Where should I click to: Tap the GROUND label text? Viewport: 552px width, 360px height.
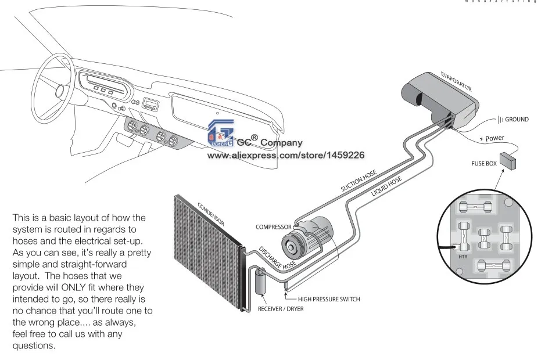point(516,120)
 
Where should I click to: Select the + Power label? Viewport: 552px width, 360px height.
point(492,139)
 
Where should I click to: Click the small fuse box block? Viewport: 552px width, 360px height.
point(510,161)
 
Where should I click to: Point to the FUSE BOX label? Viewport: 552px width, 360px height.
point(483,164)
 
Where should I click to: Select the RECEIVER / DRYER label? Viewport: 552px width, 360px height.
point(280,308)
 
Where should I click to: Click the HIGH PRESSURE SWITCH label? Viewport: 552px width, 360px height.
point(329,299)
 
